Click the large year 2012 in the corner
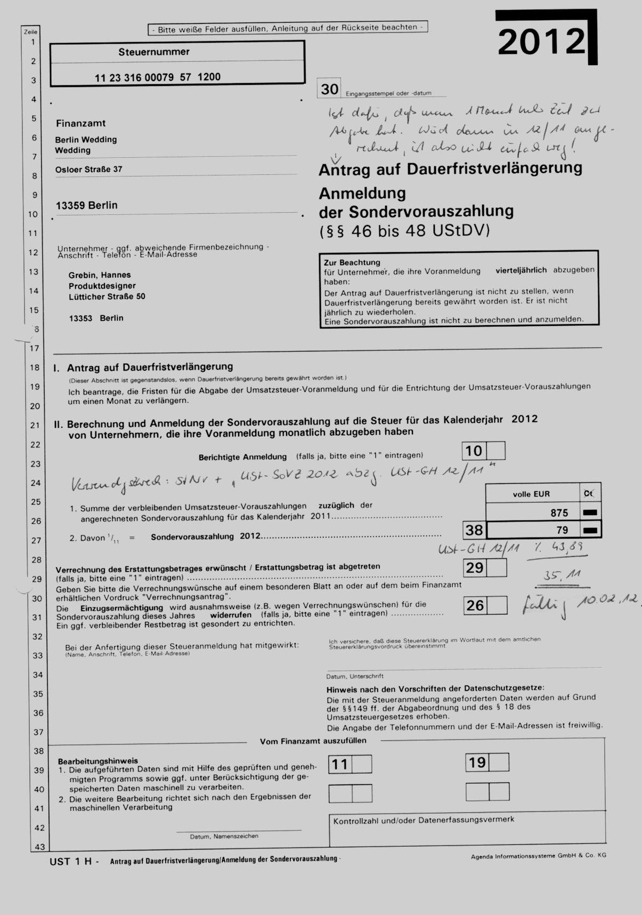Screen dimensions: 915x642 541,42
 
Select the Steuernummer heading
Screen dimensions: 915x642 153,52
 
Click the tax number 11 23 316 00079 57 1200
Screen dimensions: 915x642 157,77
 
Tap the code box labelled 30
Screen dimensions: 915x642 329,89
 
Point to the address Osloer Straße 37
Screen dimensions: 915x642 88,170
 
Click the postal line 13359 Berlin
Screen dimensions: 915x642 86,206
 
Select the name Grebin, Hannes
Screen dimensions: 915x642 100,275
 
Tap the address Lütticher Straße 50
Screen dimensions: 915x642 107,296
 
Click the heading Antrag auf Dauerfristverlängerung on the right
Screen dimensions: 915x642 450,169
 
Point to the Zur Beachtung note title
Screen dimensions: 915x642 352,262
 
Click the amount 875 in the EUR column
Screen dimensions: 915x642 559,513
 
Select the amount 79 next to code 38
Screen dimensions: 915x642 562,530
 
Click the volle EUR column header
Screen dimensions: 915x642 531,494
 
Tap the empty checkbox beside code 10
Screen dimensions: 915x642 496,451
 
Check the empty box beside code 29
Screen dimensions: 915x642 497,568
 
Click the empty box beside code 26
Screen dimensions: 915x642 497,605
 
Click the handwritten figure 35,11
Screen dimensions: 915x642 562,575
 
